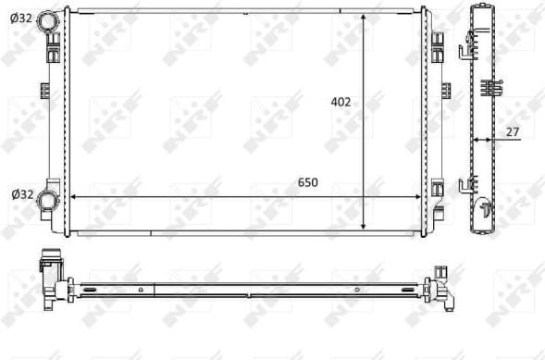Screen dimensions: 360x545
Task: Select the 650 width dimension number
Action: click(x=307, y=182)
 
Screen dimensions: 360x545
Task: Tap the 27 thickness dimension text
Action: click(x=511, y=131)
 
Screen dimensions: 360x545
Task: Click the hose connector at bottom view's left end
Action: click(x=52, y=278)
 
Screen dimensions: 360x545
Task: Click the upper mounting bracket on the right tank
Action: click(x=438, y=42)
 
